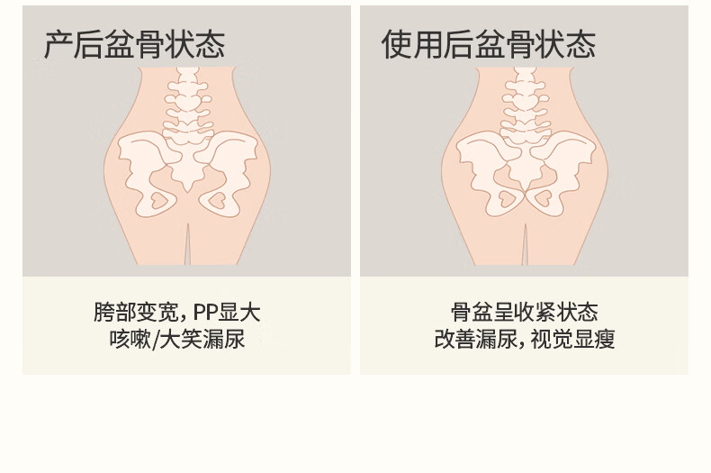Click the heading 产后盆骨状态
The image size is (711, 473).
point(135,44)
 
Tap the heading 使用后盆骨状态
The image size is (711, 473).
point(489,44)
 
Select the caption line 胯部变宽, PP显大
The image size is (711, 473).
point(177,313)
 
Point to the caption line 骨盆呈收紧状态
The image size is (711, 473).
point(525,313)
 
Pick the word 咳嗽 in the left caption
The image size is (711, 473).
point(130,340)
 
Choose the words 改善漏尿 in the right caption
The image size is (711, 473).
point(474,340)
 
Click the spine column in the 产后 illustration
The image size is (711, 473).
point(187,108)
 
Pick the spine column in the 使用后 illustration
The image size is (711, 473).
point(526,108)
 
